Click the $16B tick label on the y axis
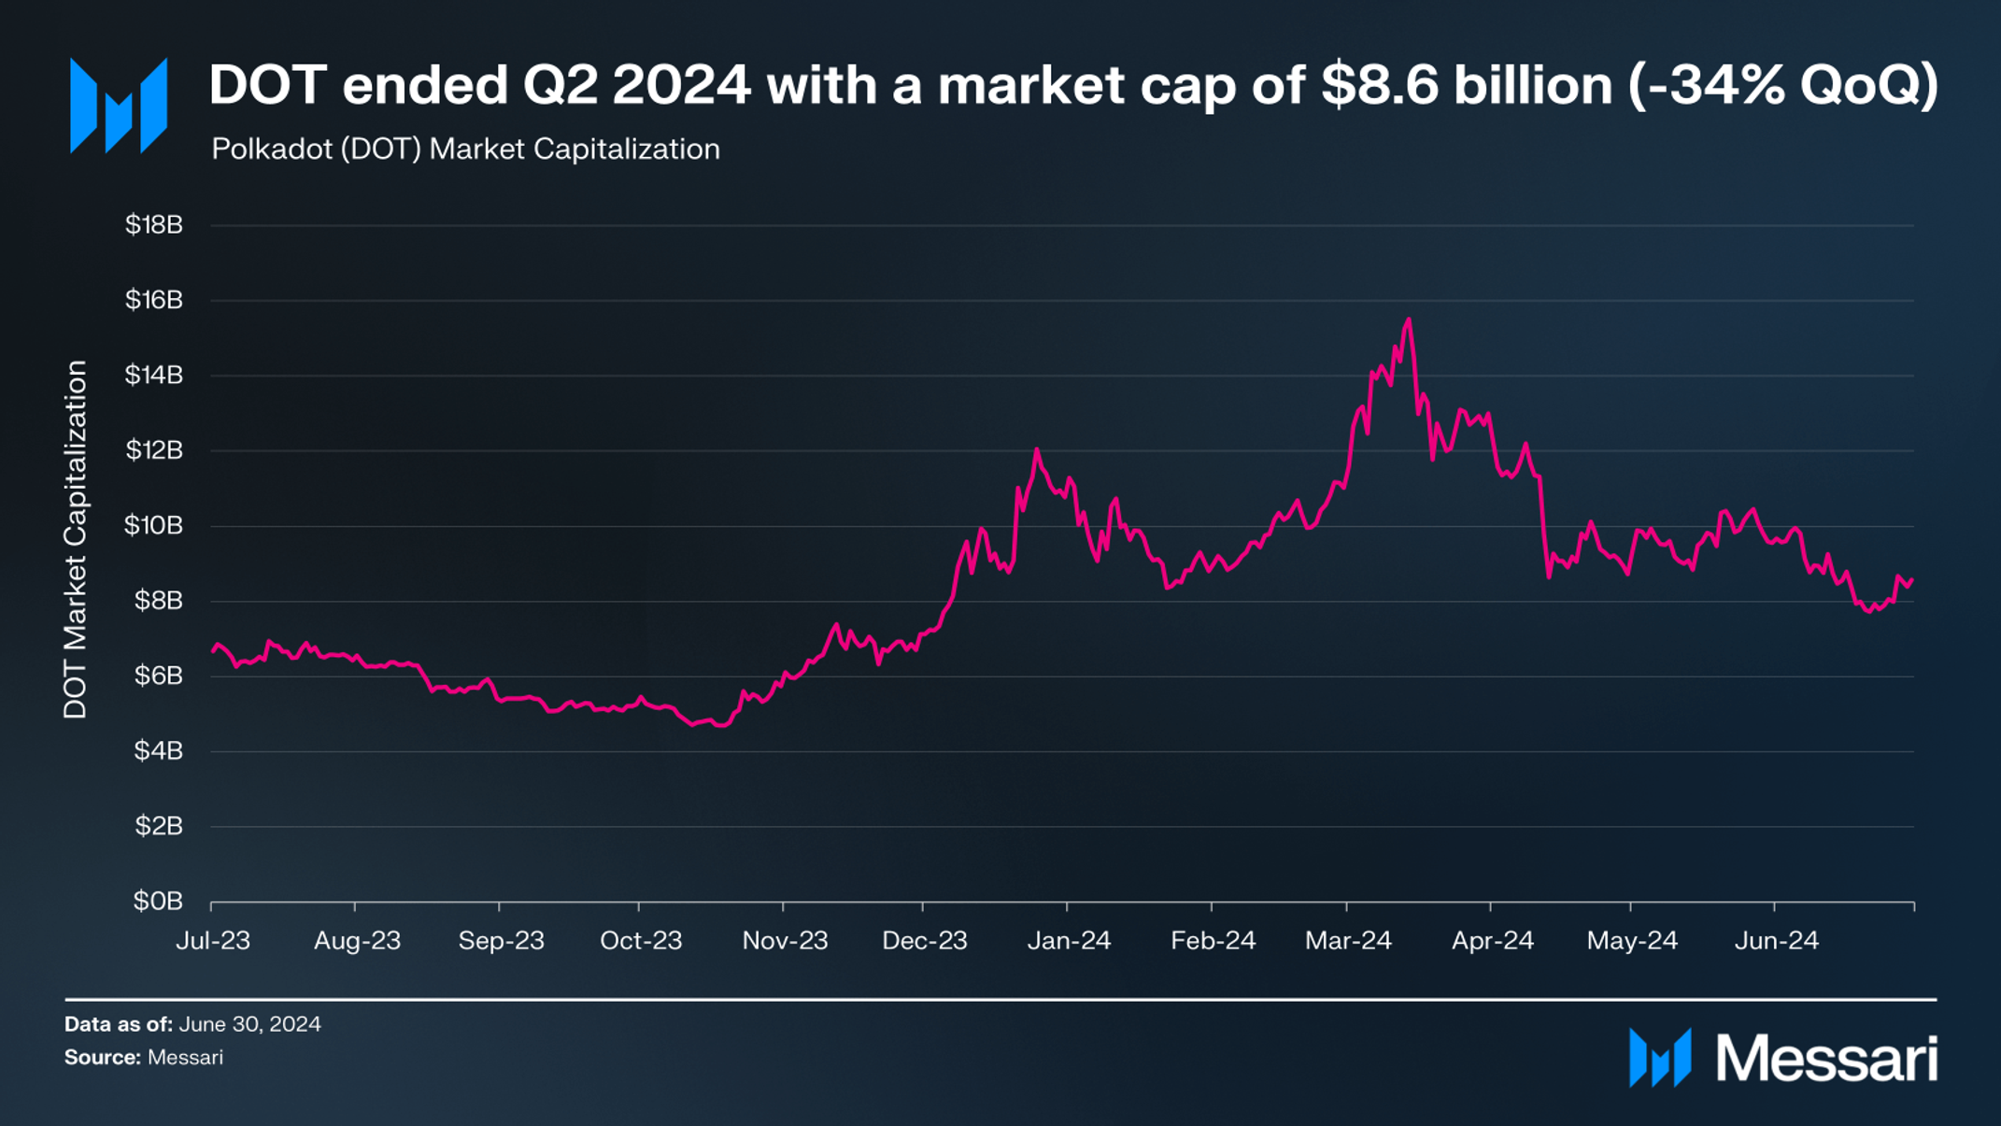pos(154,300)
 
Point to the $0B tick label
pos(158,901)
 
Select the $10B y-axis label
pos(154,525)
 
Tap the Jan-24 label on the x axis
pos(1069,940)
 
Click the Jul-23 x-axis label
pos(213,940)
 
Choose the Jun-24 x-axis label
pos(1776,940)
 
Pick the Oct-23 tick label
pos(641,940)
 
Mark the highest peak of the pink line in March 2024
pos(1408,320)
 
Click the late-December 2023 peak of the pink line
pos(1036,449)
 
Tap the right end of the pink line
pos(1912,579)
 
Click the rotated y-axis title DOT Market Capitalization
pos(75,539)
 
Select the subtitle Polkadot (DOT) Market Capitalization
pos(465,149)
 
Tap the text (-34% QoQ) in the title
pos(1782,85)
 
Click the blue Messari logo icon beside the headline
pos(119,105)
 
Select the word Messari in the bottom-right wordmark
pos(1826,1060)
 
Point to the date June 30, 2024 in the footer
pos(249,1024)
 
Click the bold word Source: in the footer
pos(102,1058)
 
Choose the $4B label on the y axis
pos(158,750)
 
